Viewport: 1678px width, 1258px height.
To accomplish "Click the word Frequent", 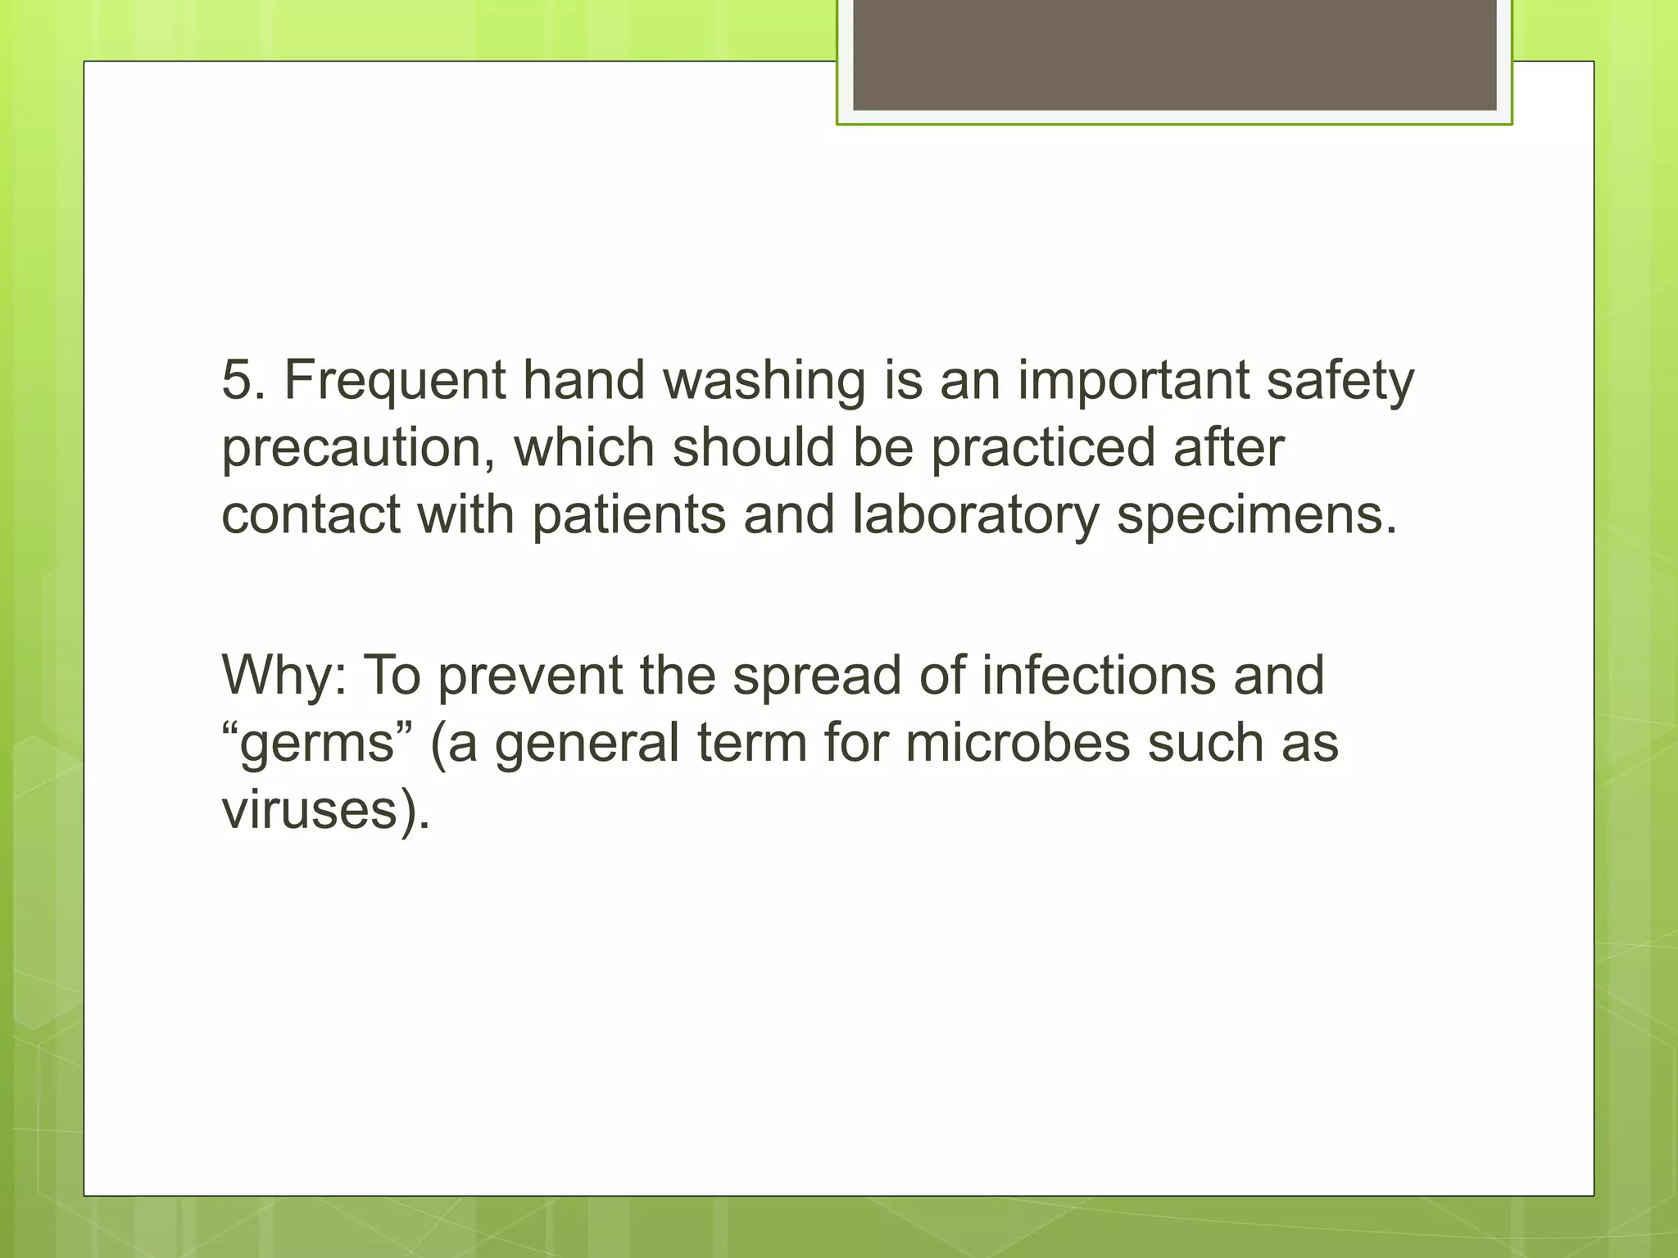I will (x=395, y=382).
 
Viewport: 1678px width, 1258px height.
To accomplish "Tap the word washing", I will (x=764, y=382).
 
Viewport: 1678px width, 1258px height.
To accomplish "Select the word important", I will (x=1133, y=382).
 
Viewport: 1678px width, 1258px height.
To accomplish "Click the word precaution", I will (x=358, y=450).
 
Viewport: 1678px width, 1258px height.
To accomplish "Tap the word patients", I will (x=629, y=516).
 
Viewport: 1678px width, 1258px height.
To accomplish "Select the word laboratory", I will (x=975, y=516).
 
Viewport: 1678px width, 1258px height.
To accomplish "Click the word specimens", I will (x=1256, y=516).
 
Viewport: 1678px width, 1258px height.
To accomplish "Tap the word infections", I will (x=1099, y=676).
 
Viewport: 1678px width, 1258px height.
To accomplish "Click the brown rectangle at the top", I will (x=1174, y=54).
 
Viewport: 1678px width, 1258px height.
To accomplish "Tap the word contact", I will (x=311, y=516).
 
